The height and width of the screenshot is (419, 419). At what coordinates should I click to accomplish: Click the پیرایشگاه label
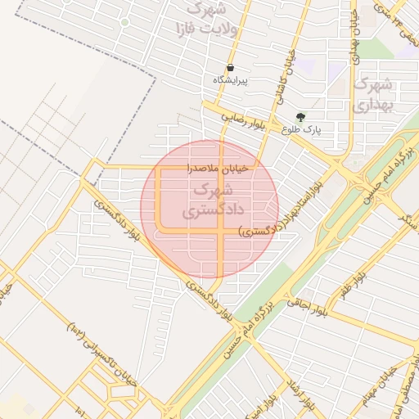point(231,80)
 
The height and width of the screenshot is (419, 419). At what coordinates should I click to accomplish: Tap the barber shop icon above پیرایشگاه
point(230,67)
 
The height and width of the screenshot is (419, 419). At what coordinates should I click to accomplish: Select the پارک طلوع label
point(302,129)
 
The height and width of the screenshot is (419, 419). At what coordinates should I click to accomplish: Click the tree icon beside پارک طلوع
point(301,116)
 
